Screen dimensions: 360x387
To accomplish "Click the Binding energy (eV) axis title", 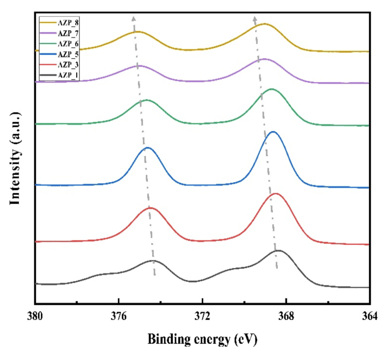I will (202, 339).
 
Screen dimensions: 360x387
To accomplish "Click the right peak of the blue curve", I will (273, 132).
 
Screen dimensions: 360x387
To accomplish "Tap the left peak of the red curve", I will (151, 208).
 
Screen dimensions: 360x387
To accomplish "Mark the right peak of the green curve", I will (272, 89).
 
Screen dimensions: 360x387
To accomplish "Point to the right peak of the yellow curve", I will (265, 24).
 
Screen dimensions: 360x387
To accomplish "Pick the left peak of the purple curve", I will (139, 65).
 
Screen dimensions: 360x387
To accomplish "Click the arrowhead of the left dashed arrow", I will (133, 17).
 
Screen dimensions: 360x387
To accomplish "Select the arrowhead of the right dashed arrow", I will (255, 17).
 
